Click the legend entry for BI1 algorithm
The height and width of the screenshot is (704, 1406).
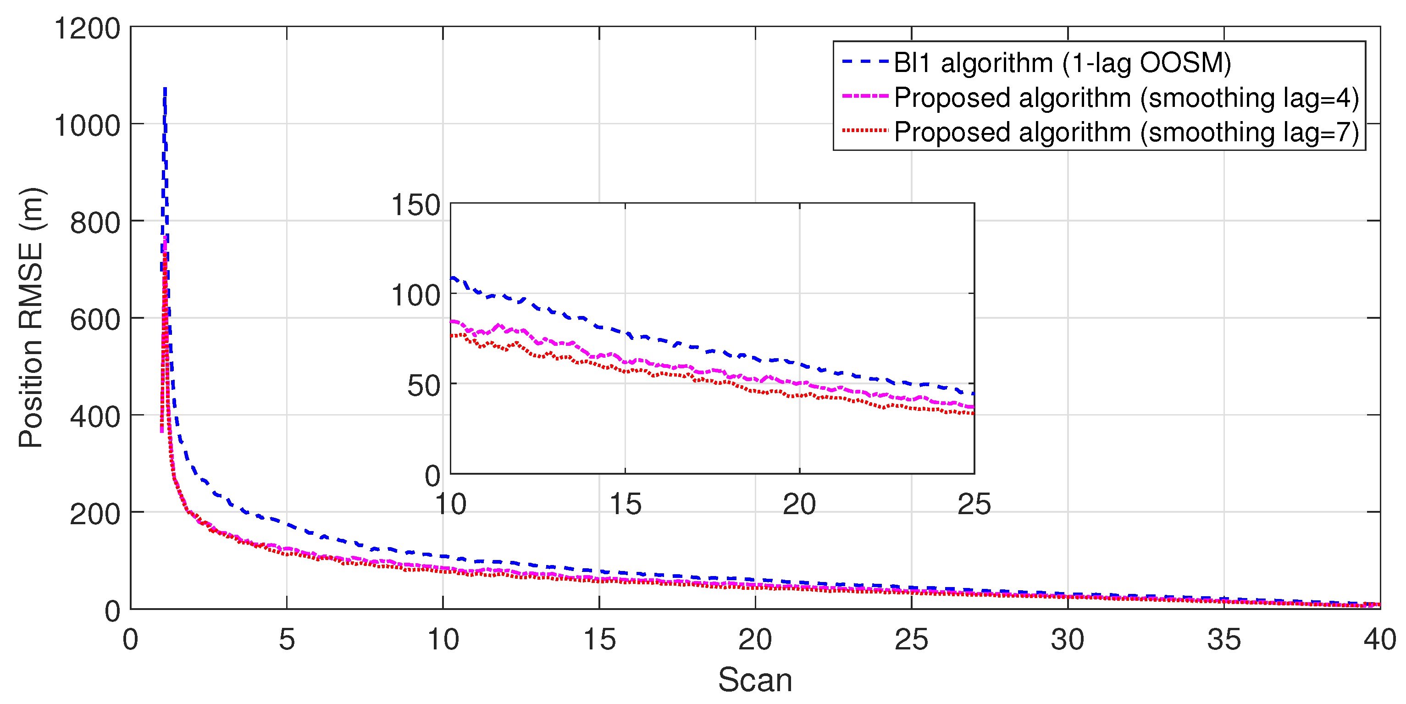tap(1062, 63)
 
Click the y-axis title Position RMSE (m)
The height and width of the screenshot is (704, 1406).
tap(31, 318)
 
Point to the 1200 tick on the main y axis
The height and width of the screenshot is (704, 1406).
tap(87, 28)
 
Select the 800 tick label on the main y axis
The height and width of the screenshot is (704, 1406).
tap(95, 222)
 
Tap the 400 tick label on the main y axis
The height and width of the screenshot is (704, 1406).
tap(95, 417)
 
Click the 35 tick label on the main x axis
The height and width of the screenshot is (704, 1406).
tap(1223, 640)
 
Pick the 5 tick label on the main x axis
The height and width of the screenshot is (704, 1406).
tap(287, 640)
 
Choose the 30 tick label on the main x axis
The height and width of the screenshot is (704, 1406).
tap(1068, 640)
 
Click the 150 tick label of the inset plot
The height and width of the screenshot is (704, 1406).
tap(415, 206)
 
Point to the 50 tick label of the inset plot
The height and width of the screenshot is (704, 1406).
tap(424, 386)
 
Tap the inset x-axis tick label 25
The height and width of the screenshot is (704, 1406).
tap(974, 504)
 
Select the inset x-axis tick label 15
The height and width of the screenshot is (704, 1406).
tap(625, 504)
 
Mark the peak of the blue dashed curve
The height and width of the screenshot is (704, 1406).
tap(165, 89)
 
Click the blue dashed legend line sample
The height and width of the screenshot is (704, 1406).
tap(865, 62)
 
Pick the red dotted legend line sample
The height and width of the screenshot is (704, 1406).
tap(865, 131)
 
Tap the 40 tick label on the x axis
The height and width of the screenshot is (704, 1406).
tap(1379, 640)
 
